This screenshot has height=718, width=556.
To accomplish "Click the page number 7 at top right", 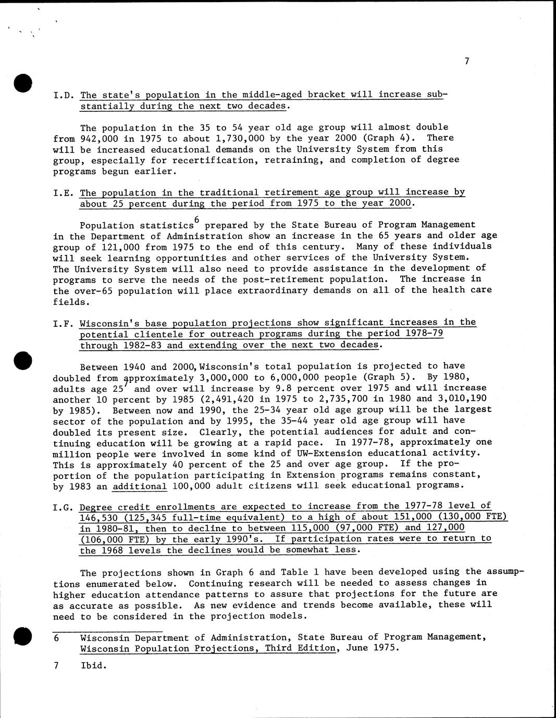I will click(x=467, y=61).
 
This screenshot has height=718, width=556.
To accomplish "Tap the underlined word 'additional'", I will click(x=140, y=486).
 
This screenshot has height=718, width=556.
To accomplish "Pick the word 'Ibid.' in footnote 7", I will click(x=93, y=665).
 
